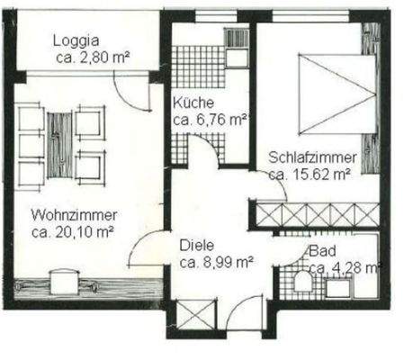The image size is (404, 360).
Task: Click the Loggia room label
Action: coord(76,40)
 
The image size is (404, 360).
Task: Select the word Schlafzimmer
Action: coord(312,158)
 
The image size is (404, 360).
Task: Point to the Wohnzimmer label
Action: coord(71,216)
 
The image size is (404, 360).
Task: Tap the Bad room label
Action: coord(320,252)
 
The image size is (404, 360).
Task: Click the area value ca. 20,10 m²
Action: coord(71,232)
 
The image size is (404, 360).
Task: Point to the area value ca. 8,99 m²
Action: coord(215,263)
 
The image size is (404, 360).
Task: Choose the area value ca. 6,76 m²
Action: coord(210,119)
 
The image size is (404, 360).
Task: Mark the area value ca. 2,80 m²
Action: coord(91,57)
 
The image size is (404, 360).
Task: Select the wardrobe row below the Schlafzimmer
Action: coord(316,216)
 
